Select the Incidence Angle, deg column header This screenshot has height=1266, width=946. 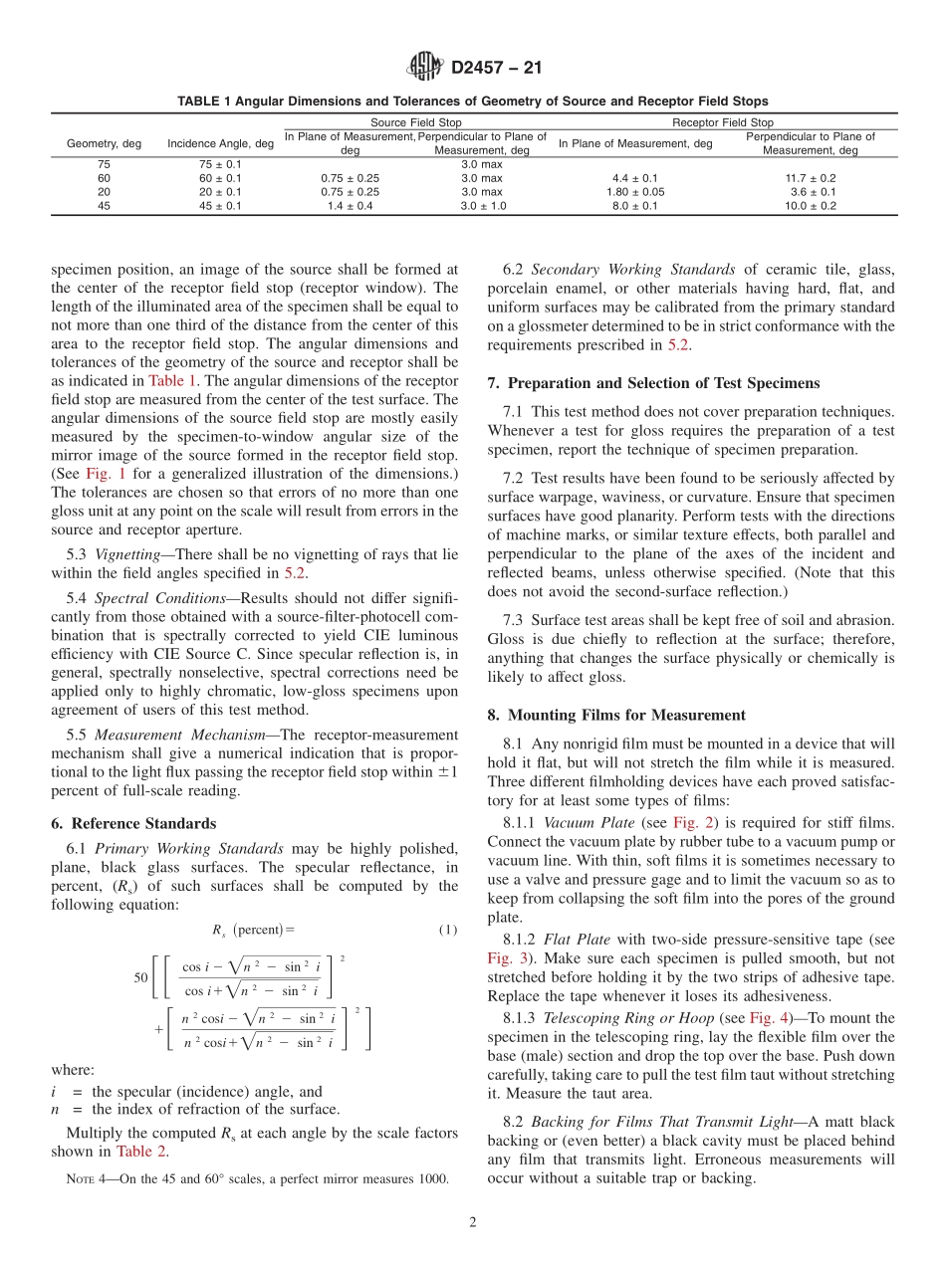click(x=220, y=143)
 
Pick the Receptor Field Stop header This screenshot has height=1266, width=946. click(x=722, y=122)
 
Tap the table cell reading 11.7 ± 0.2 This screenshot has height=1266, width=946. click(x=813, y=178)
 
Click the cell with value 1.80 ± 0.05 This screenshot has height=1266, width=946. click(x=635, y=192)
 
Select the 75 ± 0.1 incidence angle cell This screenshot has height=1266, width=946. click(x=220, y=164)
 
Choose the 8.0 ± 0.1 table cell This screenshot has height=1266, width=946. click(x=635, y=206)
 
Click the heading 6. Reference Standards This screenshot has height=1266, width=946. click(x=132, y=823)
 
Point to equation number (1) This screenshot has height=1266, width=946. click(x=447, y=930)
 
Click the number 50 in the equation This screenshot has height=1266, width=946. click(x=140, y=977)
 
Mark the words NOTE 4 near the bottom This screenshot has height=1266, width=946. click(x=86, y=1179)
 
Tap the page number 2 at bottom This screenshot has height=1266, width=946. click(x=473, y=1223)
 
